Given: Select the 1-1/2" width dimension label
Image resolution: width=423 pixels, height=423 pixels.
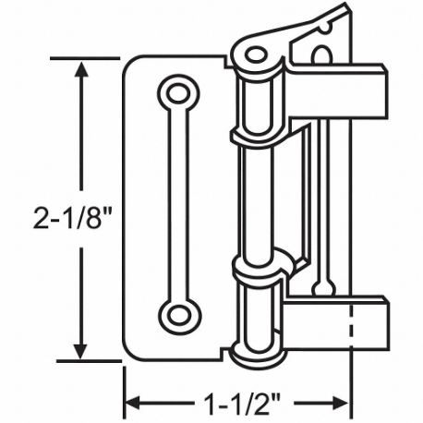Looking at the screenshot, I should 236,403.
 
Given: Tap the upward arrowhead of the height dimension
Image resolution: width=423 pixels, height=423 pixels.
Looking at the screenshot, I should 81,70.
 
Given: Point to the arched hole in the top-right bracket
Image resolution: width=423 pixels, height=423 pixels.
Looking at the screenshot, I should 319,55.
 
